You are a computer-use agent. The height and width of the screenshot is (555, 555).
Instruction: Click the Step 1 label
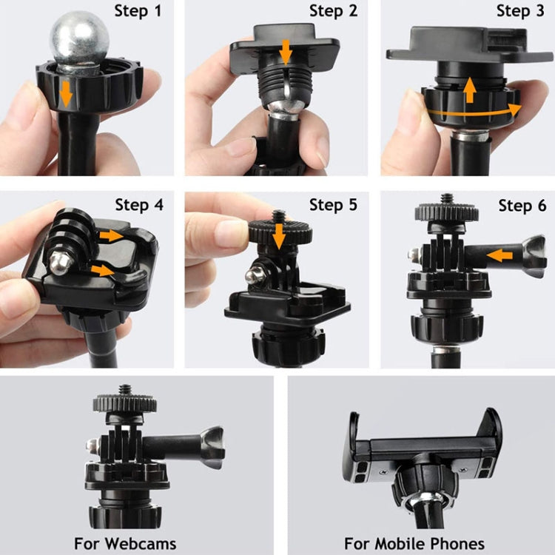(x=138, y=10)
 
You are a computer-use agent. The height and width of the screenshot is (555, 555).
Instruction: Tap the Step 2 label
(x=333, y=10)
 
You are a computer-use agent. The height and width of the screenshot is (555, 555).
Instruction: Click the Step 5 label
(x=333, y=204)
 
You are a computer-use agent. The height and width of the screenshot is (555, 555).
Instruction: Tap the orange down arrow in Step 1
(x=67, y=94)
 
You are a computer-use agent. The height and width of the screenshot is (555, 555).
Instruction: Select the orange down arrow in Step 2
(x=286, y=52)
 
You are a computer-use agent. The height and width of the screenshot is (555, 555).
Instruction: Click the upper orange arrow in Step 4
(x=112, y=235)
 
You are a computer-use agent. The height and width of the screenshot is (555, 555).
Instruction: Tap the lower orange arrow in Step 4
(x=103, y=270)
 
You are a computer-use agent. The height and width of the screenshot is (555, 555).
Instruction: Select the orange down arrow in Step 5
(x=278, y=236)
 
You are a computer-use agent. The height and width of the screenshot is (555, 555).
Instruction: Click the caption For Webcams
(x=124, y=542)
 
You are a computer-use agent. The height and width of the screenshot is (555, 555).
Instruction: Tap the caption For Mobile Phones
(x=414, y=542)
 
